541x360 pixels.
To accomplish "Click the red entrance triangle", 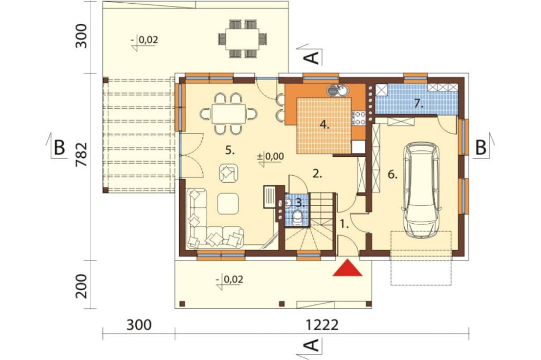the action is click(347, 269).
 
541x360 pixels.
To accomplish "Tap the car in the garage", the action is click(421, 190).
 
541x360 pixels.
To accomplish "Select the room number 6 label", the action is click(392, 175).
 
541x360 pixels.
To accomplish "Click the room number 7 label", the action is click(419, 103).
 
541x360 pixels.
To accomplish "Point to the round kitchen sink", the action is click(338, 91).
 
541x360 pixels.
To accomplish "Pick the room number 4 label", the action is click(324, 124).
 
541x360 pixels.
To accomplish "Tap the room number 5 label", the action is click(230, 150).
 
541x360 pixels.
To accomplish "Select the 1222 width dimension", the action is click(321, 325).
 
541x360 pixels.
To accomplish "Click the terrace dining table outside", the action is click(243, 39).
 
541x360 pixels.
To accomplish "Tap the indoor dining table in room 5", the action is click(229, 114).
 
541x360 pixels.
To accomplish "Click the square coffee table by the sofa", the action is click(228, 203).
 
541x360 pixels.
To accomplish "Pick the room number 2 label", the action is click(317, 174).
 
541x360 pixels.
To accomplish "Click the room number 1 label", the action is click(344, 225).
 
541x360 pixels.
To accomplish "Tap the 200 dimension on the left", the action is click(82, 286).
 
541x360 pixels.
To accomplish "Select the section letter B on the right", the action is click(480, 148).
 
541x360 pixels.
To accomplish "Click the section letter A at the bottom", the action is click(312, 345).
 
